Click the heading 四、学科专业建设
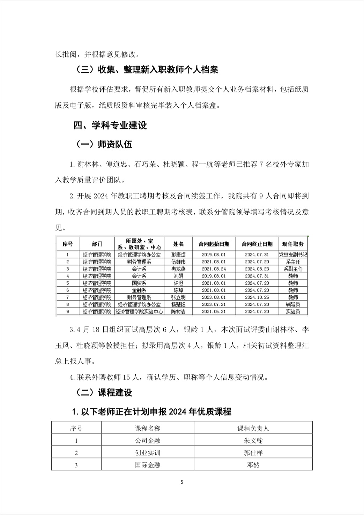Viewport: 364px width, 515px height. pyautogui.click(x=110, y=126)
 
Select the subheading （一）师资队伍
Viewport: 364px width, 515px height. pyautogui.click(x=104, y=144)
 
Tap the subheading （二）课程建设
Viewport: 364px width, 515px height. pyautogui.click(x=104, y=393)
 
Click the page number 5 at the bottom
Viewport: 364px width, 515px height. pyautogui.click(x=182, y=483)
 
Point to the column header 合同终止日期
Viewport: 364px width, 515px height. pyautogui.click(x=257, y=244)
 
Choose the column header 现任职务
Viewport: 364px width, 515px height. pyautogui.click(x=293, y=244)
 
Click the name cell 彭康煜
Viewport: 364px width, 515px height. pyautogui.click(x=178, y=255)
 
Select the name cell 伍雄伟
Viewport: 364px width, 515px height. pyautogui.click(x=178, y=262)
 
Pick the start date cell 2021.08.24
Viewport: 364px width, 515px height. pyautogui.click(x=214, y=269)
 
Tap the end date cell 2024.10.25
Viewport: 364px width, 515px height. pyautogui.click(x=257, y=297)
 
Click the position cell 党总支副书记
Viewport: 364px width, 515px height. pyautogui.click(x=293, y=255)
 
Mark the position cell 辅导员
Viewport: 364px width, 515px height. pyautogui.click(x=293, y=304)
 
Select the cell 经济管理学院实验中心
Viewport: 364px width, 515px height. pyautogui.click(x=139, y=312)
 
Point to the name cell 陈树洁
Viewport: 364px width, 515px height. pyautogui.click(x=178, y=312)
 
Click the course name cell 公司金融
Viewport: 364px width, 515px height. pyautogui.click(x=148, y=441)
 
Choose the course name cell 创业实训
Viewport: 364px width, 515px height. pyautogui.click(x=148, y=453)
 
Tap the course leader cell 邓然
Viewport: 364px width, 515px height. pyautogui.click(x=253, y=465)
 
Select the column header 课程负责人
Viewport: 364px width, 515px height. pyautogui.click(x=253, y=429)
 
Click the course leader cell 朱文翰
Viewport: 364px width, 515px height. pyautogui.click(x=253, y=441)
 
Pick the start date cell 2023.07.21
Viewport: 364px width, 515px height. pyautogui.click(x=214, y=304)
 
